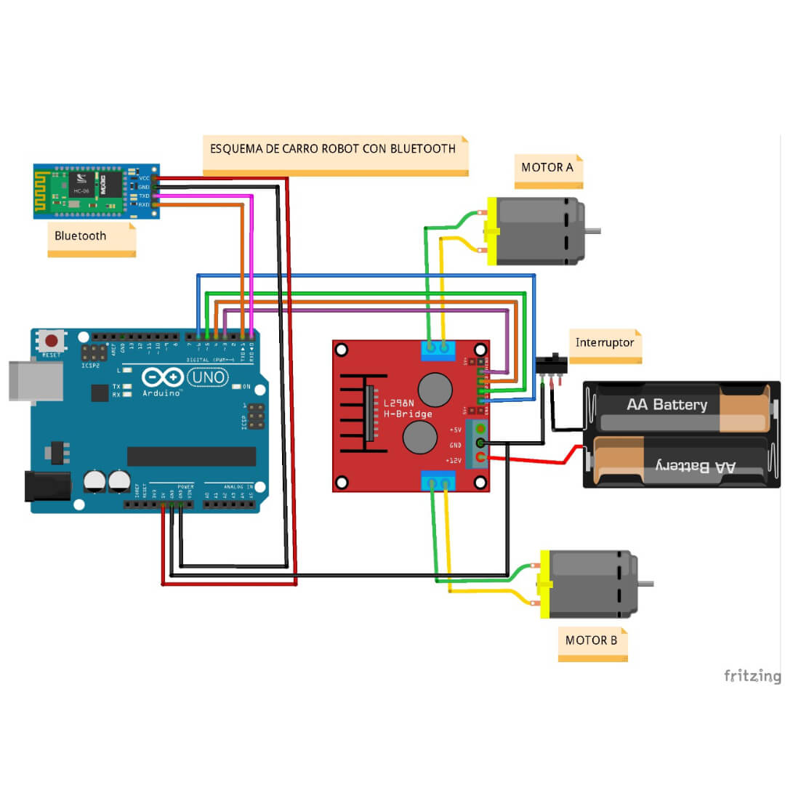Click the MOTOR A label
[x=547, y=168]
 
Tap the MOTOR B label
[x=592, y=640]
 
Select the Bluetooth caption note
[x=81, y=235]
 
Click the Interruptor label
[x=605, y=342]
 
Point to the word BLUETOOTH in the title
[x=423, y=148]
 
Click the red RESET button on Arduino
[x=52, y=340]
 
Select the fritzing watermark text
[x=752, y=676]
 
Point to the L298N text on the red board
[x=400, y=403]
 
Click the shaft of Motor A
[x=593, y=231]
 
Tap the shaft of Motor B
[x=645, y=584]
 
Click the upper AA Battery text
[x=667, y=404]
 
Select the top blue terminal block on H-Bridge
[x=438, y=350]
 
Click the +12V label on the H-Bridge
[x=455, y=461]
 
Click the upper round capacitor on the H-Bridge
[x=435, y=390]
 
